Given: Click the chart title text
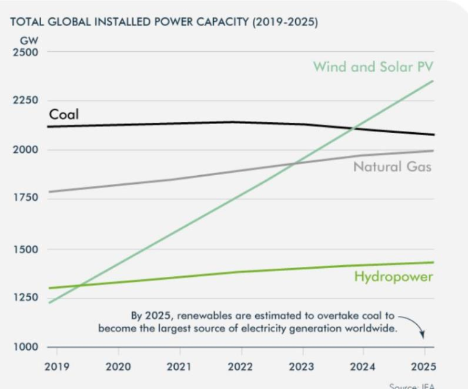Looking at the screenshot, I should coord(164,23).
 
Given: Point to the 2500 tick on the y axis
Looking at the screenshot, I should coord(26,52).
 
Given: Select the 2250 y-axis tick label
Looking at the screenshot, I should coord(26,100).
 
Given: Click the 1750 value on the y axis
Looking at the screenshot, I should coord(26,198).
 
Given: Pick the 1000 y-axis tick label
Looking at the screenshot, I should coord(26,347).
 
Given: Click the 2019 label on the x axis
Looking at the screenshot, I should coord(57,366).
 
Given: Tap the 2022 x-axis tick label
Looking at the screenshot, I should coord(240,366).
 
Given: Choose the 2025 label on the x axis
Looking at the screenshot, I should coord(423,366).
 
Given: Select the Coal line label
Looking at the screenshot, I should coord(64,115).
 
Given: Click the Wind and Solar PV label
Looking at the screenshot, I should coord(373,67).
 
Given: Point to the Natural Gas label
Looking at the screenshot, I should coord(392,167).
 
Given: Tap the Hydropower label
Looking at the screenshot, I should coord(393,277).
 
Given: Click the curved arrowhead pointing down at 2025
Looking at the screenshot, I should coord(422,335).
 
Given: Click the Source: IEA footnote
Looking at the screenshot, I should coord(412,386).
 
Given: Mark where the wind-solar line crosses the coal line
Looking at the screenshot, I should coord(354,129).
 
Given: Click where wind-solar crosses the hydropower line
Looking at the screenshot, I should coord(80,286).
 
